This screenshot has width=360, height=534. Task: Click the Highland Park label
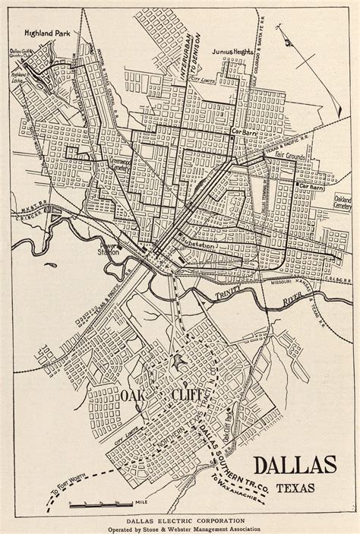[48, 33]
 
